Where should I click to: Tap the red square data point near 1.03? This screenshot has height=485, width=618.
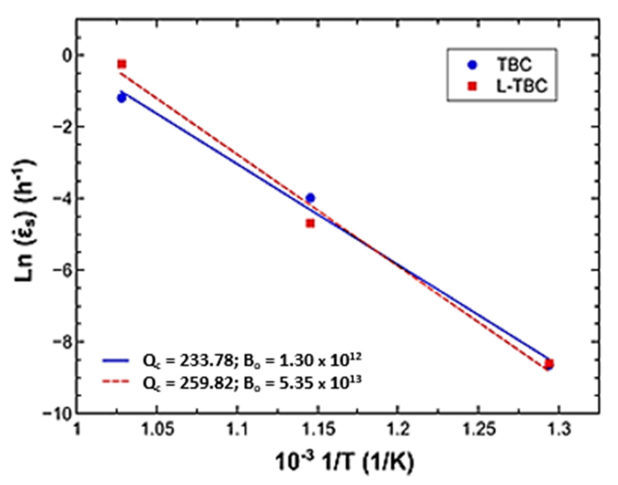pyautogui.click(x=122, y=64)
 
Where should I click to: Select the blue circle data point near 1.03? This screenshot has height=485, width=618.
pyautogui.click(x=121, y=98)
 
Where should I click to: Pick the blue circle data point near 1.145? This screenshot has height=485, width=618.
pyautogui.click(x=310, y=198)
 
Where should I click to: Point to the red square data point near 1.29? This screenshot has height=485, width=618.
pyautogui.click(x=549, y=363)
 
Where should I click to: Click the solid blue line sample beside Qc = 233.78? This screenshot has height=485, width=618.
pyautogui.click(x=115, y=361)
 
